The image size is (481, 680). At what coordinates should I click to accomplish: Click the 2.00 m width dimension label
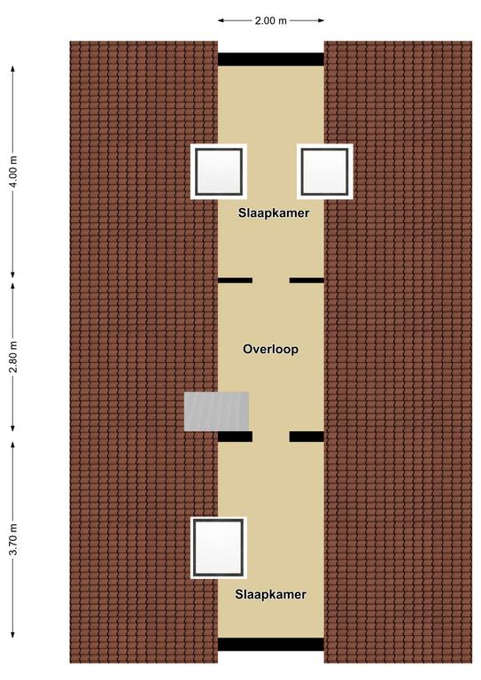(271, 20)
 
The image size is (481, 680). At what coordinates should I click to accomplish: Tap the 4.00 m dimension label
(14, 171)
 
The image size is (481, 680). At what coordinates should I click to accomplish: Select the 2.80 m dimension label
(14, 357)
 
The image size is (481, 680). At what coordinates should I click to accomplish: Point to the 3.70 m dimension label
(14, 539)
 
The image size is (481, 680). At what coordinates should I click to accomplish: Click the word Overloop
(271, 349)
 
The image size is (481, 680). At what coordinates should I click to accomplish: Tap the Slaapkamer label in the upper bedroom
(274, 212)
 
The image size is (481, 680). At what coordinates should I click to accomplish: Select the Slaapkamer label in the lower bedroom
(271, 594)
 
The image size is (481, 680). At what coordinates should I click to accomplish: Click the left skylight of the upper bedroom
(219, 172)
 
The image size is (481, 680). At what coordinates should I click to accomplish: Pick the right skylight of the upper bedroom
(325, 172)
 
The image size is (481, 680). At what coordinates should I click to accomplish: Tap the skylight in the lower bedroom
(219, 548)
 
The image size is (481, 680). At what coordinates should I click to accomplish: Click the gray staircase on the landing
(216, 412)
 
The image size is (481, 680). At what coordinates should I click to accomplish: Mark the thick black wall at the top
(271, 59)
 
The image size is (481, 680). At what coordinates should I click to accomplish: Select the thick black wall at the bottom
(271, 644)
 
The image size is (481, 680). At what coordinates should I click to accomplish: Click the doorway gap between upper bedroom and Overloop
(271, 281)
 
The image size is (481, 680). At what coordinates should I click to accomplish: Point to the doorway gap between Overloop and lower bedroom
(271, 437)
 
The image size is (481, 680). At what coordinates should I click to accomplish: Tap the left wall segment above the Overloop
(235, 281)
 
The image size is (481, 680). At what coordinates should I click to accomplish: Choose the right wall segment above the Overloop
(306, 281)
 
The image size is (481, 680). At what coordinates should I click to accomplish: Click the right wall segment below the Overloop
(306, 437)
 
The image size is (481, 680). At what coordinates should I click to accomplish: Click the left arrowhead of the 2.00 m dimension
(221, 20)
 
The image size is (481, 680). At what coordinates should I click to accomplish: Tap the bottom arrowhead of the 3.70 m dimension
(13, 635)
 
